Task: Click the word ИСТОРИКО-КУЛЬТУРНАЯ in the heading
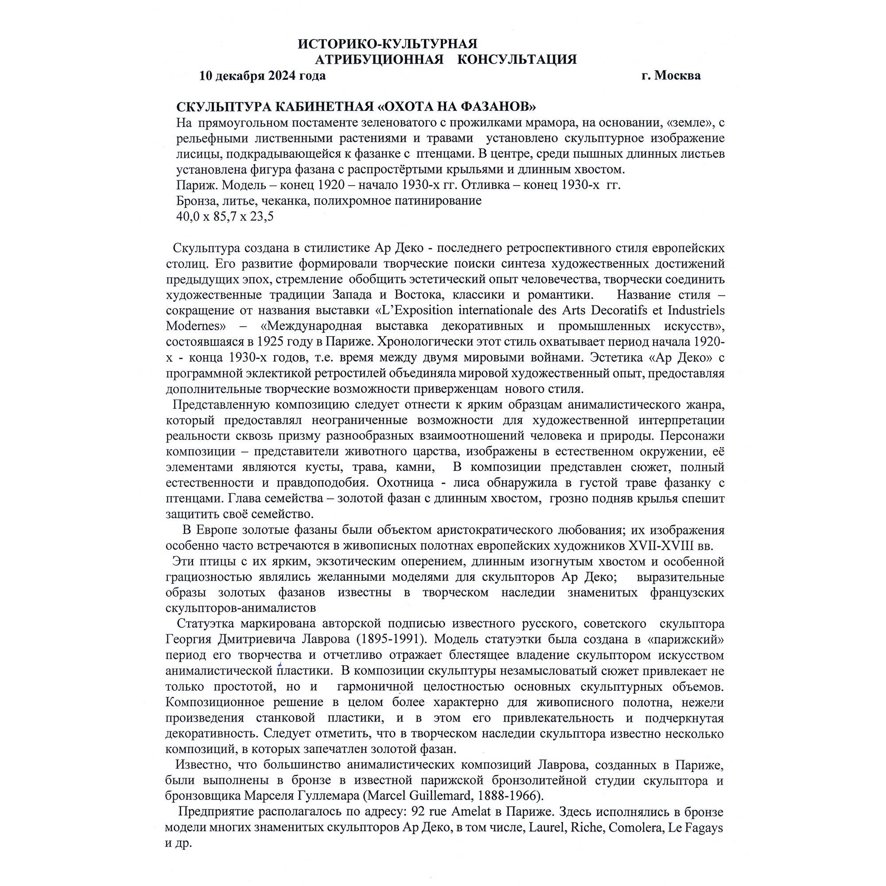388,44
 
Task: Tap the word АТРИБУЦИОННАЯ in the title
379,60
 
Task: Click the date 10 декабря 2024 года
262,76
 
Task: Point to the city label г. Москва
671,76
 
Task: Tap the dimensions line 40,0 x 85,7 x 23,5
225,217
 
